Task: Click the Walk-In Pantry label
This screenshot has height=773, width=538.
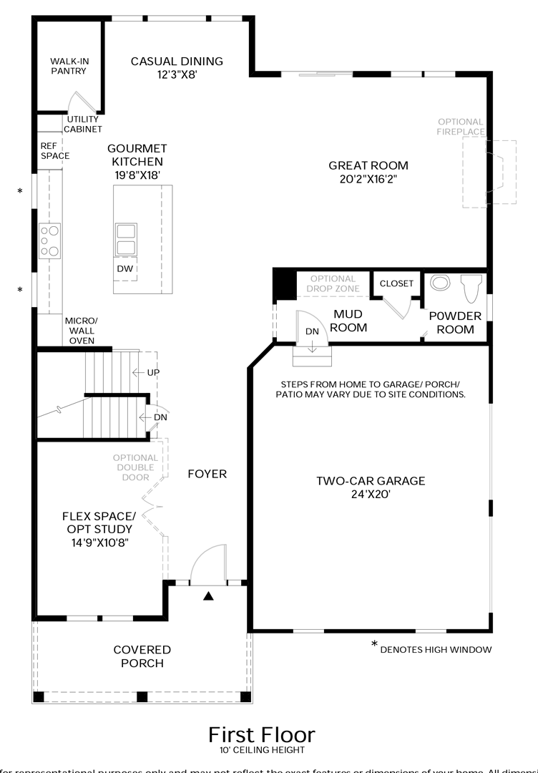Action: (69, 66)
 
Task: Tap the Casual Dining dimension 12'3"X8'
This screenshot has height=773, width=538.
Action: (177, 74)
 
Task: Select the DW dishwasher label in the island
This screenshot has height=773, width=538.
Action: (124, 268)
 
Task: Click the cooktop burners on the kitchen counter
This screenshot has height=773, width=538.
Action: (49, 240)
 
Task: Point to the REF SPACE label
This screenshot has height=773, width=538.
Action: (54, 150)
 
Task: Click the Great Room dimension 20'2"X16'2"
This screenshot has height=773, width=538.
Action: (368, 179)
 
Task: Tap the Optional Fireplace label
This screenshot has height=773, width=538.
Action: (460, 127)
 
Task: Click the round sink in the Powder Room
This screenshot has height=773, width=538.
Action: (440, 283)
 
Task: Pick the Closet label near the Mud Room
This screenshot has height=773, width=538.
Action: (396, 283)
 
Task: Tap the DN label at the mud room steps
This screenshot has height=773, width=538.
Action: (312, 331)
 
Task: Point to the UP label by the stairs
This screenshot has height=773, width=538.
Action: (153, 373)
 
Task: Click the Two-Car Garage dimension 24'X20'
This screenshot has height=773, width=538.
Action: (371, 493)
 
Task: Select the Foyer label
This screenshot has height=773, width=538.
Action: (207, 474)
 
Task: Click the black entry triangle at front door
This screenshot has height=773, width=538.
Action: (208, 596)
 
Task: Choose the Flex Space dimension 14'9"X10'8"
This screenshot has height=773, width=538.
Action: (99, 542)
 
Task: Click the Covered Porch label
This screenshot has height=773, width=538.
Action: (142, 656)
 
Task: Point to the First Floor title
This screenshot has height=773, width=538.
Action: (261, 734)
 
